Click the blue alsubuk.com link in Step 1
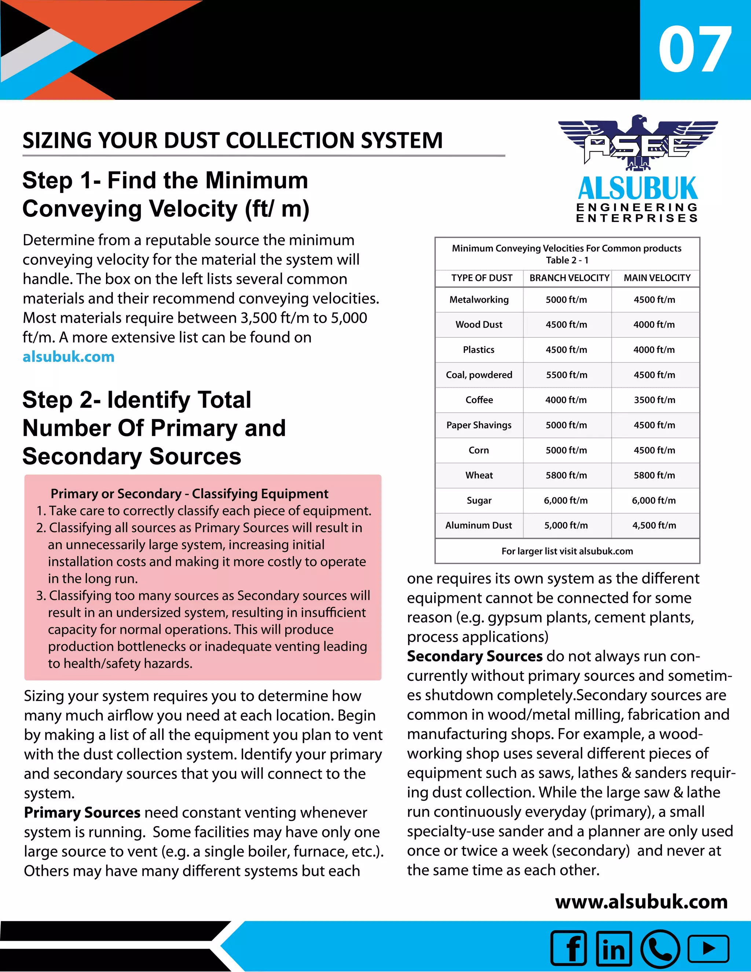(x=69, y=357)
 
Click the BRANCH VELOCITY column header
(x=569, y=278)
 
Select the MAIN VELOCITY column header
(x=657, y=278)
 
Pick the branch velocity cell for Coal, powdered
(x=566, y=375)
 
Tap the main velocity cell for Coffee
(x=655, y=400)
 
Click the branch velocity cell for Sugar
(x=565, y=500)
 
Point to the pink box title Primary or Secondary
(x=189, y=494)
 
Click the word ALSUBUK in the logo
(x=638, y=189)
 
